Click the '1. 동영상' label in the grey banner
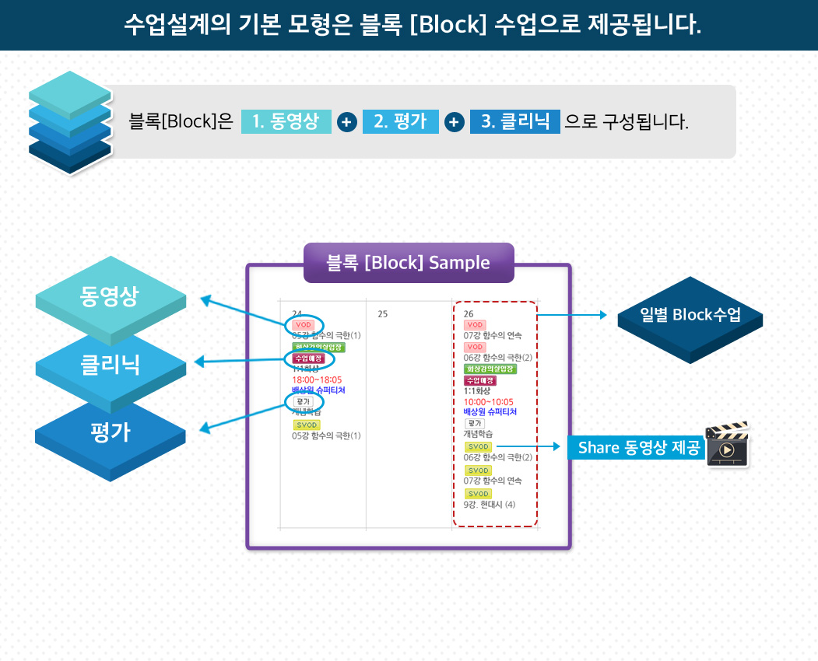pos(286,122)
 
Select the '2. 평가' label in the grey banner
pos(400,122)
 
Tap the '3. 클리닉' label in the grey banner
pos(514,122)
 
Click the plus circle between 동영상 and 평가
pos(347,122)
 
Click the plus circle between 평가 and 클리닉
pos(455,122)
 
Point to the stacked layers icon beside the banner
pos(69,122)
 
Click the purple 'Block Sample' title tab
pos(409,263)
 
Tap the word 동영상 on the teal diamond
pos(109,296)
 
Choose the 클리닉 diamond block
pos(111,365)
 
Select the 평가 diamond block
pos(111,432)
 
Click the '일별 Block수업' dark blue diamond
pos(690,315)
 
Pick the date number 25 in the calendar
pos(382,314)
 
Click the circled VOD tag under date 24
pos(303,324)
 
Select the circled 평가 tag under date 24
pos(302,401)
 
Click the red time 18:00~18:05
pos(317,379)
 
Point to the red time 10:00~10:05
pos(488,402)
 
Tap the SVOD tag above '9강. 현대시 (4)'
pos(478,494)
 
